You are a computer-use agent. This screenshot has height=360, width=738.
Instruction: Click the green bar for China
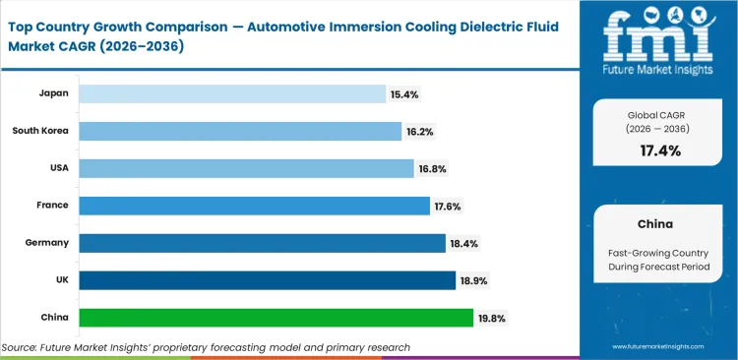coord(276,318)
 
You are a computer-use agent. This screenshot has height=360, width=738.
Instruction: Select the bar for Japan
coord(232,93)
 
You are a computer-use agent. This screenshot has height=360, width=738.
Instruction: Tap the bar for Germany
coord(262,243)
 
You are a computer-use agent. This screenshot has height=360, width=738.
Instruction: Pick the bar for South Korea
coord(240,131)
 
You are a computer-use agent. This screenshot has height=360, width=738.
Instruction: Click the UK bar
coord(267,280)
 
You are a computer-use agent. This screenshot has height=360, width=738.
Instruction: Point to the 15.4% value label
coord(404,93)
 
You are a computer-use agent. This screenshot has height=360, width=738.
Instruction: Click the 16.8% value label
coord(433,168)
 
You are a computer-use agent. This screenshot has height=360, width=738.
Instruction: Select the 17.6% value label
coord(447,206)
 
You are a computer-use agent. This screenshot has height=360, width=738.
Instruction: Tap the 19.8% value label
coord(492,318)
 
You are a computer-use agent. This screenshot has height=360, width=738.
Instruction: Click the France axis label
coord(50,206)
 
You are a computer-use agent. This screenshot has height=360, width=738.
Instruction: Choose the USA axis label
coord(56,168)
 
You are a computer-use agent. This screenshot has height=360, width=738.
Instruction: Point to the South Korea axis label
coord(40,131)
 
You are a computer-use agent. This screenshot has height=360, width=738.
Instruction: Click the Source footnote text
coord(206,347)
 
